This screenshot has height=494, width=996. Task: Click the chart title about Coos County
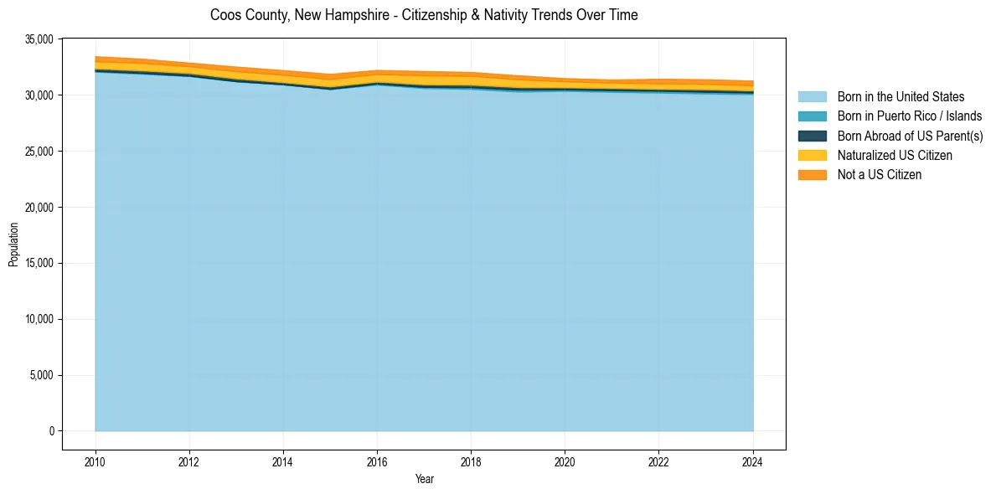424,15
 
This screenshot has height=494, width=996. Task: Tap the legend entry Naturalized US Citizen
895,156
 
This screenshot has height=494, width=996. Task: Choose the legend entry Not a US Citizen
879,175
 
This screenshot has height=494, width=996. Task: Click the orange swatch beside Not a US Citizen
812,175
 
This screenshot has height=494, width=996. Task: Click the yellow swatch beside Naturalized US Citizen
812,156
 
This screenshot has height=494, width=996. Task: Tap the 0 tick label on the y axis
51,431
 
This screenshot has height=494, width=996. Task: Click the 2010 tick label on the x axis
95,461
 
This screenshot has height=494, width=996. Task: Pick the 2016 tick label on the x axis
377,461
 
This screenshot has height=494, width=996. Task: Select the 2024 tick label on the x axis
753,461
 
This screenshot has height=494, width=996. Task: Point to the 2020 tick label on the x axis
565,461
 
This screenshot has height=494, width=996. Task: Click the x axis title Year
424,479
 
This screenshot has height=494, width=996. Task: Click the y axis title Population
13,244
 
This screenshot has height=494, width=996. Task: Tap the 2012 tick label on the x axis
189,461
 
